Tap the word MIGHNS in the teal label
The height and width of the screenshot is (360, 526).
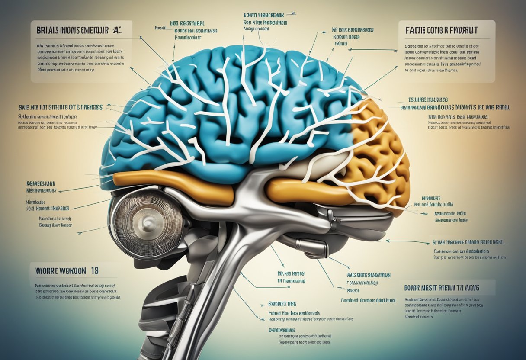pyautogui.click(x=471, y=106)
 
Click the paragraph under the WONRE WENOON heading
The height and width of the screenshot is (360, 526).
pyautogui.click(x=77, y=291)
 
